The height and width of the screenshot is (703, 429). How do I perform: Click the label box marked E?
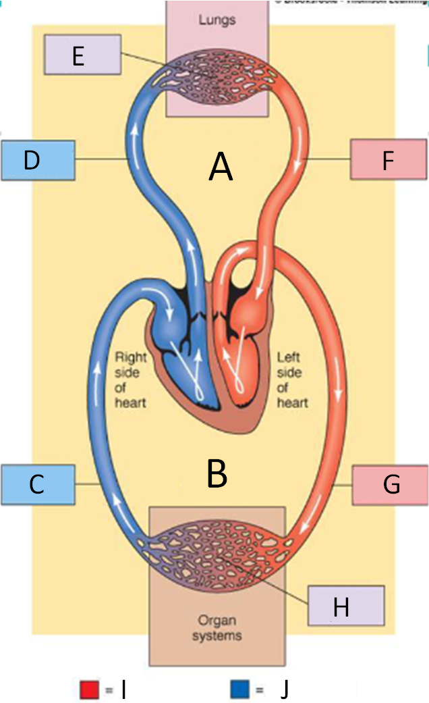[x=82, y=55]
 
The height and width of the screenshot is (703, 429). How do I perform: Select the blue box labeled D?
[x=37, y=160]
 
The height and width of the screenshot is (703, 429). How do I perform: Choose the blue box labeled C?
[x=37, y=484]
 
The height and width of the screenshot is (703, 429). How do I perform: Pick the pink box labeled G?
[x=390, y=484]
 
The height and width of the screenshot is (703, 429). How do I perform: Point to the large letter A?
[x=221, y=167]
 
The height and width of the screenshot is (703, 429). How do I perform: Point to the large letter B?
[x=217, y=474]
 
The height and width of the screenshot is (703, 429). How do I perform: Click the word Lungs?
[x=217, y=20]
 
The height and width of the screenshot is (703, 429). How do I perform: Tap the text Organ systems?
[x=217, y=627]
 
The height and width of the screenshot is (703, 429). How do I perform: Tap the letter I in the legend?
[x=123, y=689]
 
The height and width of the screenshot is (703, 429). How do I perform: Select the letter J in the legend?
[x=284, y=689]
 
